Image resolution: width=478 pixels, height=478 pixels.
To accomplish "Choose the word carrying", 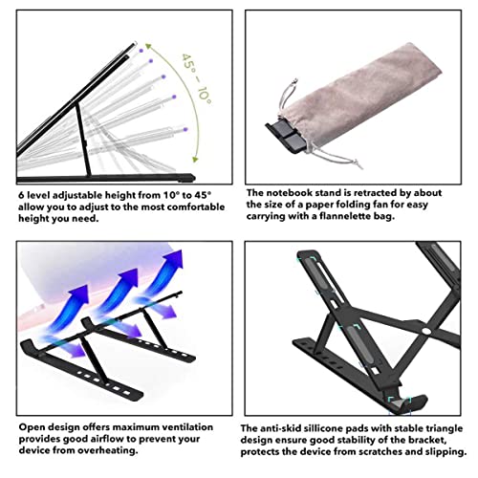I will [272, 215].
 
